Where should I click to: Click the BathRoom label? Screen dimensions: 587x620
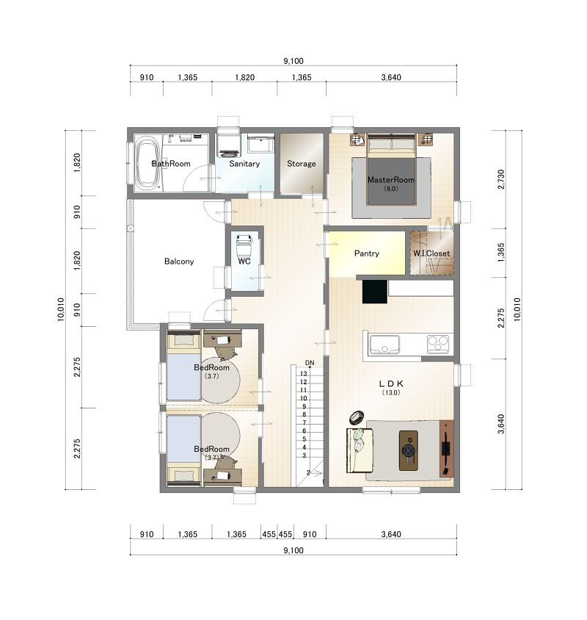tap(171, 164)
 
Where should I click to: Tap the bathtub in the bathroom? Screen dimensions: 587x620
tap(147, 163)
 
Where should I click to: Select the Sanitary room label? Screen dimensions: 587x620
tap(244, 164)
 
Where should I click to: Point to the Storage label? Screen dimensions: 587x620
tap(302, 164)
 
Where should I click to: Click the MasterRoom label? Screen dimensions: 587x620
tap(391, 179)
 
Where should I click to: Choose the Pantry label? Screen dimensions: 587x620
tap(367, 253)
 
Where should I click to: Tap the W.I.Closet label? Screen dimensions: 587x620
tap(431, 253)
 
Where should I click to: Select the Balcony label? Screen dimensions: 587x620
tap(179, 262)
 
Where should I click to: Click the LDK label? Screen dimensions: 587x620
tap(391, 383)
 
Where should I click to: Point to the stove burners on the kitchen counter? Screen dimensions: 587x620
tap(438, 344)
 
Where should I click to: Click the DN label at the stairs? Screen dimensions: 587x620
tap(310, 363)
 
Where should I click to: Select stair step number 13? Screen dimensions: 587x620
tap(303, 374)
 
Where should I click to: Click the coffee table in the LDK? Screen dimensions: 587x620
tap(409, 450)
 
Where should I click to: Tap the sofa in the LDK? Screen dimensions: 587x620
tap(360, 450)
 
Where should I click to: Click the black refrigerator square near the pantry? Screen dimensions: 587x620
tap(374, 292)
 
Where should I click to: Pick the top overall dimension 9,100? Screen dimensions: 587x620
tap(293, 61)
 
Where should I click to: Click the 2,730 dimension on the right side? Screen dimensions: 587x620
tap(501, 179)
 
